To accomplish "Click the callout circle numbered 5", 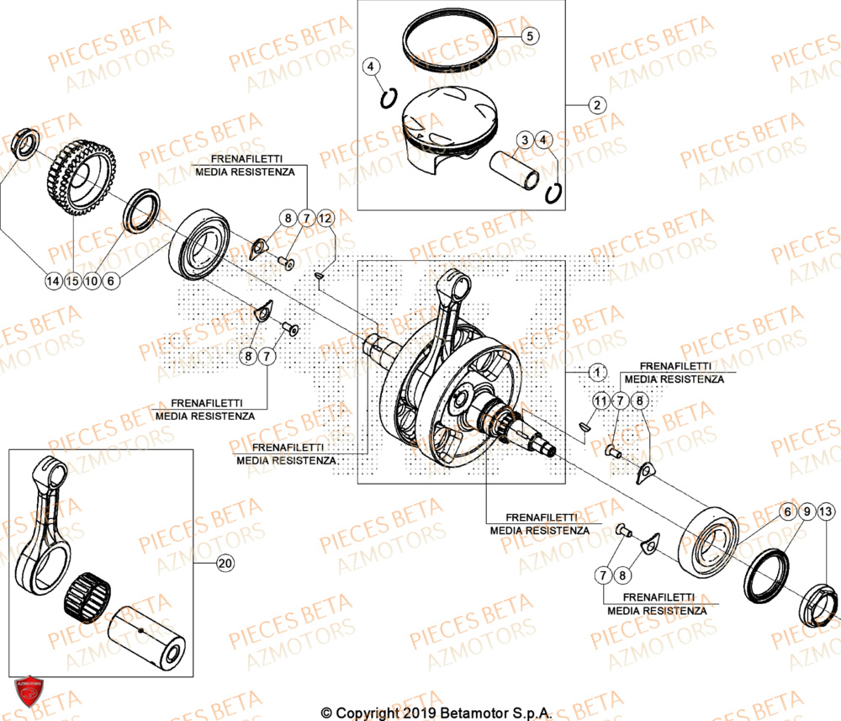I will coord(531,36).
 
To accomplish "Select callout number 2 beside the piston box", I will coord(596,105).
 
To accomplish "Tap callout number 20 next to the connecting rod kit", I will coord(225,563).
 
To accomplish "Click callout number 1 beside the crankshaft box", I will coord(596,371).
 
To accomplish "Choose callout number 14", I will coord(53,281).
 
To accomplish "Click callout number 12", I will coord(325,219).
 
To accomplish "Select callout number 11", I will coord(599,400).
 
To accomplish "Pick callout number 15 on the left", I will coord(72,281).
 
